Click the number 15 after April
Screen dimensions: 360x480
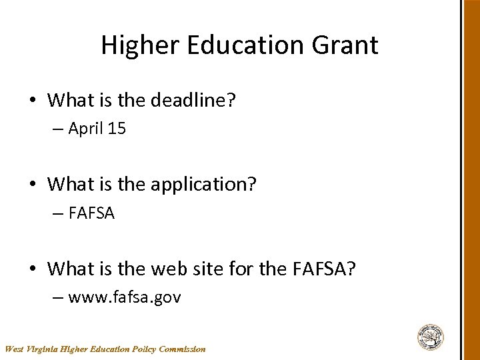tap(117, 129)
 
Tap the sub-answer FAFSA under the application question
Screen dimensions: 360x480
tap(91, 213)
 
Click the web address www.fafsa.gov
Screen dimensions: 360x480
tap(125, 297)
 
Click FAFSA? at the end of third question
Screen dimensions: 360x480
tap(324, 269)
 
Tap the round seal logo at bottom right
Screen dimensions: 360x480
tap(431, 337)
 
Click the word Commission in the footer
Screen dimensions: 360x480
tap(183, 349)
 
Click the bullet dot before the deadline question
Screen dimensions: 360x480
tap(33, 101)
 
